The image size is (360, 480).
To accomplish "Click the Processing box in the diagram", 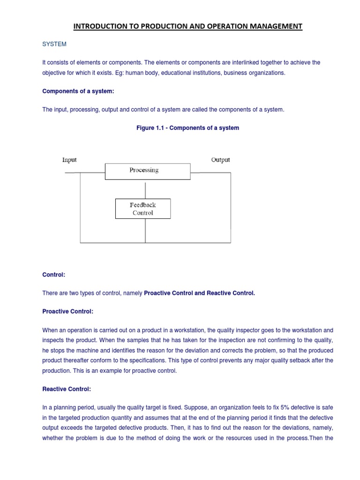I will pyautogui.click(x=147, y=171).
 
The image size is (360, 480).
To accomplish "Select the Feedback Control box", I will pyautogui.click(x=143, y=209).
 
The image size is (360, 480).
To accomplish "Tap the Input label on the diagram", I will pyautogui.click(x=69, y=160).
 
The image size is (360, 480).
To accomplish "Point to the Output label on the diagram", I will pyautogui.click(x=220, y=160).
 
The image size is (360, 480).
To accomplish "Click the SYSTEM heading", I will pyautogui.click(x=54, y=44).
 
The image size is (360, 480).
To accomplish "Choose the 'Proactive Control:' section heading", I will pyautogui.click(x=68, y=311).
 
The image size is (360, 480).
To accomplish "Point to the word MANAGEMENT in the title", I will pyautogui.click(x=273, y=26).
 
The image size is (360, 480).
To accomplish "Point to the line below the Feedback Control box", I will pyautogui.click(x=146, y=230).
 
